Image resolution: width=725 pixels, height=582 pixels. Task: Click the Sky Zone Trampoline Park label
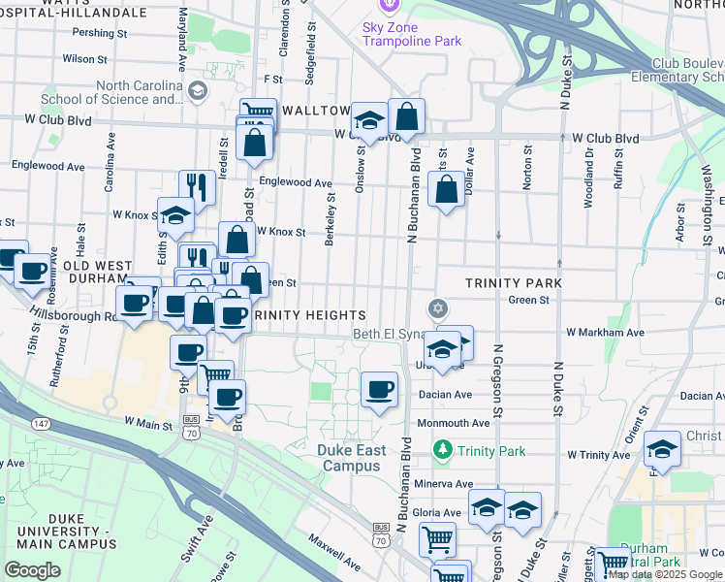(412, 34)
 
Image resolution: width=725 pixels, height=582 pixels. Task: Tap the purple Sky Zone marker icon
(389, 5)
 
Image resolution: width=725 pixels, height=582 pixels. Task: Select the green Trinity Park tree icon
(443, 449)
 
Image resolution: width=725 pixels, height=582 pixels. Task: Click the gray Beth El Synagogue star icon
(438, 308)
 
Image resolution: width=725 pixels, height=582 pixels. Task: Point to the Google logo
(32, 570)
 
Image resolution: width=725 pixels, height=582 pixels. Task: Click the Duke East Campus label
(352, 458)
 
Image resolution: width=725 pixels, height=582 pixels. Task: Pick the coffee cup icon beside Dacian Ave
(380, 390)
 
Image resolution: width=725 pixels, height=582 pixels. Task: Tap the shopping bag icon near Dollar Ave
(446, 191)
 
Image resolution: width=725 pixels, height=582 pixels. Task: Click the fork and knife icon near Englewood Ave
(197, 186)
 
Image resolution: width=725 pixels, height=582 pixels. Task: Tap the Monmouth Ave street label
(453, 423)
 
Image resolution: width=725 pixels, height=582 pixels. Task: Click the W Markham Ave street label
(605, 333)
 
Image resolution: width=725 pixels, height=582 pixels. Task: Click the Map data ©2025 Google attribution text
(665, 574)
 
